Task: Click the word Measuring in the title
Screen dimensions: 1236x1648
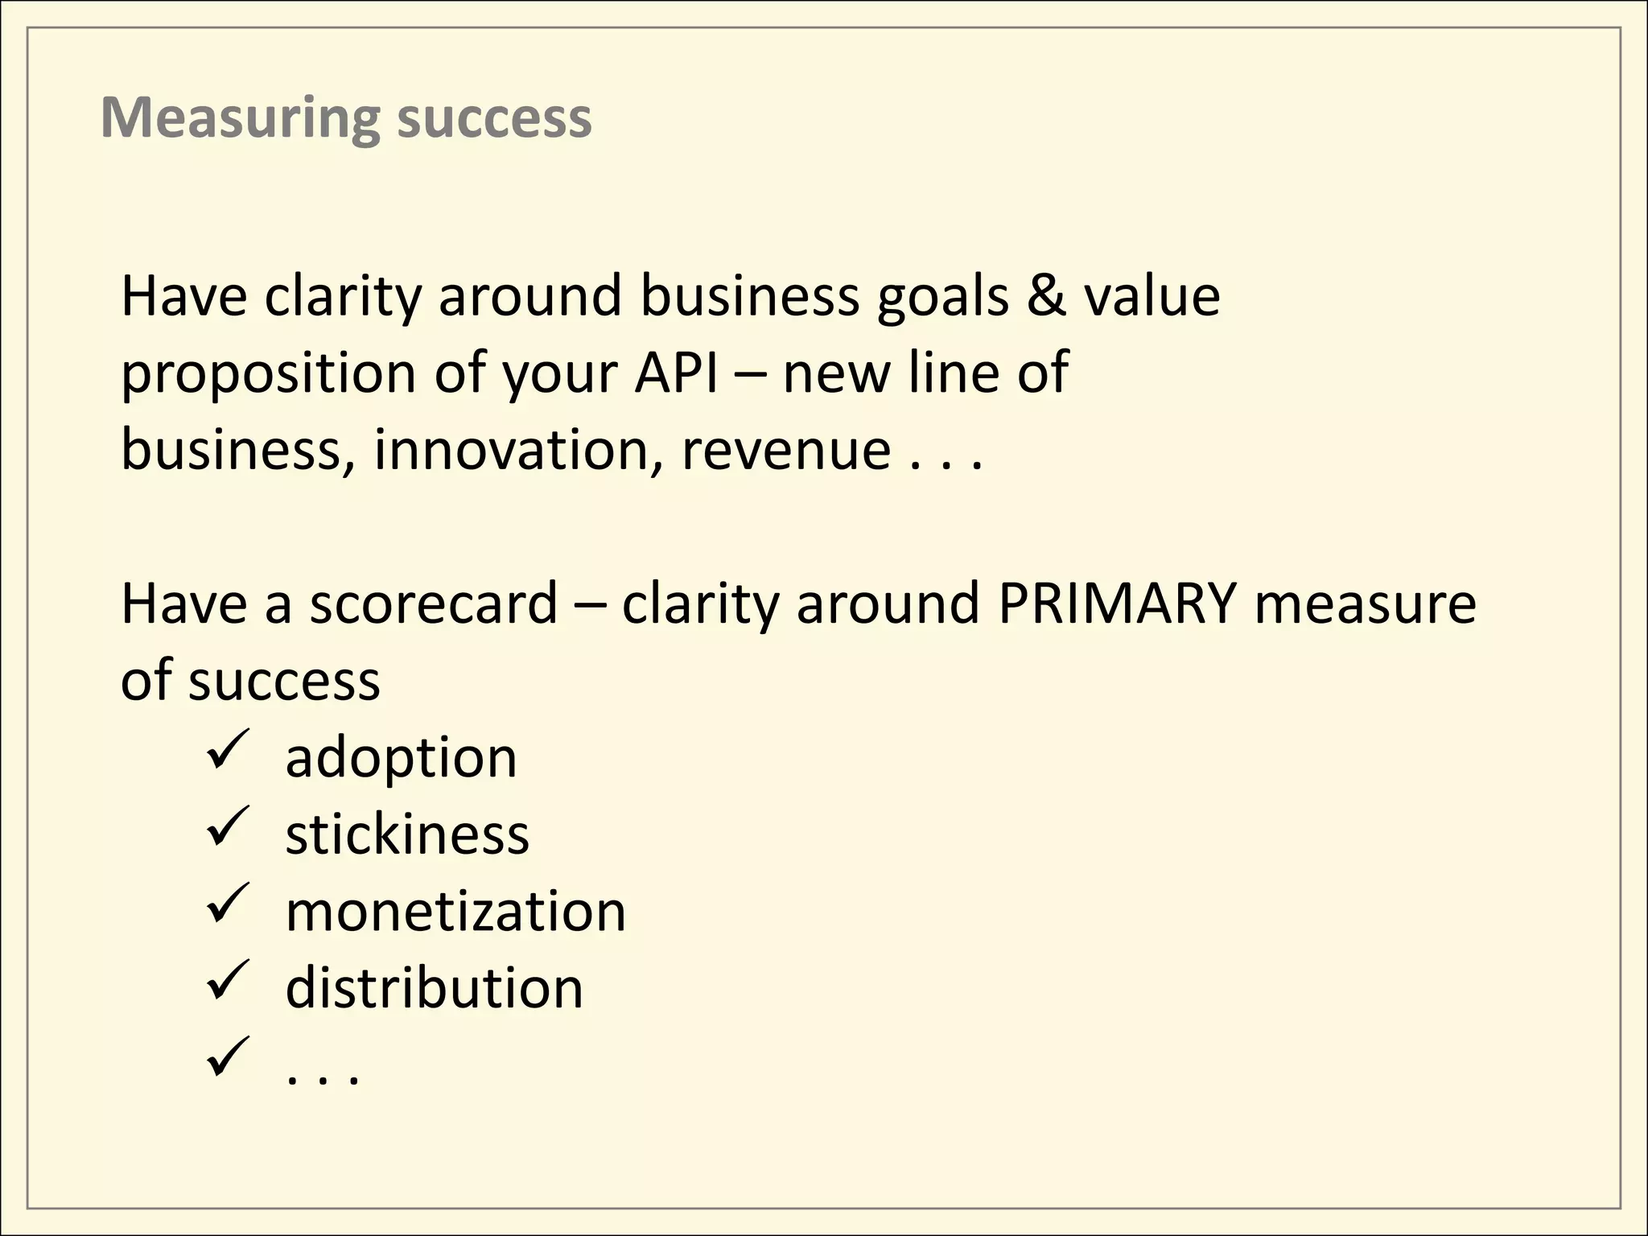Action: coord(240,118)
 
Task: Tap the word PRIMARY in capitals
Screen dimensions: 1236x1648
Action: coord(1116,603)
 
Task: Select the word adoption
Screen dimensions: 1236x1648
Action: coord(401,759)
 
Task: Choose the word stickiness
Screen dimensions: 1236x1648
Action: coord(407,834)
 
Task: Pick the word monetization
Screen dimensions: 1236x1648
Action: coord(455,912)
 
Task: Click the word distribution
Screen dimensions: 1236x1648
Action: coord(434,988)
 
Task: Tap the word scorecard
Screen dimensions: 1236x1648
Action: coord(434,603)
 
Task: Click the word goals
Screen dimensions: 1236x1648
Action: coord(942,297)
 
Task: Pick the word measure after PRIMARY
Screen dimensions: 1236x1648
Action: coord(1365,604)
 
